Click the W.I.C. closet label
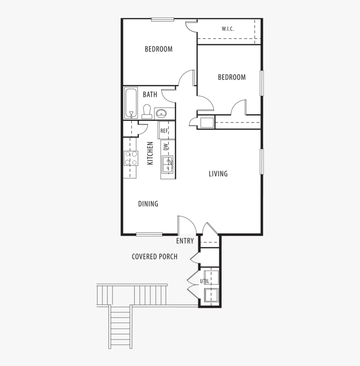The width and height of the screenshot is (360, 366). click(x=227, y=29)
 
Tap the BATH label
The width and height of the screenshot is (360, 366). click(x=150, y=95)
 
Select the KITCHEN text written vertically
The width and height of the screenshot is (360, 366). click(x=150, y=153)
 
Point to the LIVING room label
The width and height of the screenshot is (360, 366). click(x=218, y=174)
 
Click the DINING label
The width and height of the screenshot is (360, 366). click(x=148, y=204)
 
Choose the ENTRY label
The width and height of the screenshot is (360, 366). click(x=185, y=241)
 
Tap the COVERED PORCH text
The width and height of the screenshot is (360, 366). click(x=154, y=256)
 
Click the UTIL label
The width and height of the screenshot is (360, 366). click(x=204, y=281)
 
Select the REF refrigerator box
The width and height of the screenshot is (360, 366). click(x=165, y=131)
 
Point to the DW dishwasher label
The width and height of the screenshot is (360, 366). click(x=166, y=146)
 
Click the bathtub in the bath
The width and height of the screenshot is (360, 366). click(x=131, y=103)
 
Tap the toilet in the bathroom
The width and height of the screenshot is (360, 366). click(x=147, y=111)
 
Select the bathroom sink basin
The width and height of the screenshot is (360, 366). click(x=161, y=113)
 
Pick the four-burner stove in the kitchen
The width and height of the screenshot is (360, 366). click(x=131, y=158)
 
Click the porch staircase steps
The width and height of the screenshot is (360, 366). click(x=120, y=326)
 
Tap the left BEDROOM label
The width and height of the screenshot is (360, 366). click(x=158, y=49)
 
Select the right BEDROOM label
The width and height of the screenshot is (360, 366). click(x=231, y=77)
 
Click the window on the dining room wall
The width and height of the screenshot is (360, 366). click(x=149, y=234)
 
